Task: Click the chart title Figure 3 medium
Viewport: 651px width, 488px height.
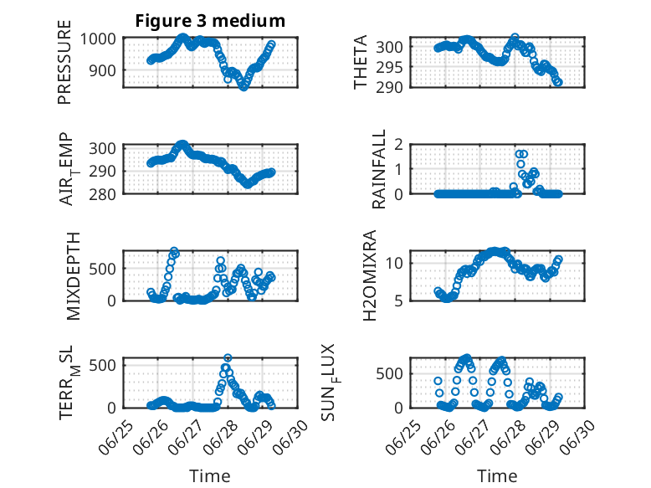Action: pos(210,21)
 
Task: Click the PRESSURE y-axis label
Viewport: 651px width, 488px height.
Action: pos(64,62)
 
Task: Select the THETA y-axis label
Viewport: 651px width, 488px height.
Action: pos(361,62)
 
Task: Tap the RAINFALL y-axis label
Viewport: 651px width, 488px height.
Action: pos(379,169)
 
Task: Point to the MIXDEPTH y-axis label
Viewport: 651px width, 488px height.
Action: pos(73,276)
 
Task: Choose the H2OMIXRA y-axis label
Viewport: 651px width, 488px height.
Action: pos(369,275)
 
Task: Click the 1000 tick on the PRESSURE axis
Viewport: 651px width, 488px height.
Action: pos(98,39)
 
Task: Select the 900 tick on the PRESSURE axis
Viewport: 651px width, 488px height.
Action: pos(103,70)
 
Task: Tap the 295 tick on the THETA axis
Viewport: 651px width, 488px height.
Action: pos(389,67)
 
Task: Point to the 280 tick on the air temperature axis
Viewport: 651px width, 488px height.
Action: pos(103,194)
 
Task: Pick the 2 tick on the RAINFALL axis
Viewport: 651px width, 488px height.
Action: pos(398,145)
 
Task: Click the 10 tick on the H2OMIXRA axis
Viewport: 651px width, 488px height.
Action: pos(394,263)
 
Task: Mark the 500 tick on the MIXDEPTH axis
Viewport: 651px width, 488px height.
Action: pos(103,269)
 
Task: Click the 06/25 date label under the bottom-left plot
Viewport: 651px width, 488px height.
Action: pos(116,436)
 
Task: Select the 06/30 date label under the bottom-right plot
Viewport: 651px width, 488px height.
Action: pos(577,436)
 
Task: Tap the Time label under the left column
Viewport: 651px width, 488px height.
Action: pos(210,475)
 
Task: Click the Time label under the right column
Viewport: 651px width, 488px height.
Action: pos(497,475)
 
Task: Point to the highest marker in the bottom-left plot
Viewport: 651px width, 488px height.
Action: pos(228,357)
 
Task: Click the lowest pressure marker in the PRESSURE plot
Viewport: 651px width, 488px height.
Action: pos(243,87)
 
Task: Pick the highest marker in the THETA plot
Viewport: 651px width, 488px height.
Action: pos(515,38)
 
